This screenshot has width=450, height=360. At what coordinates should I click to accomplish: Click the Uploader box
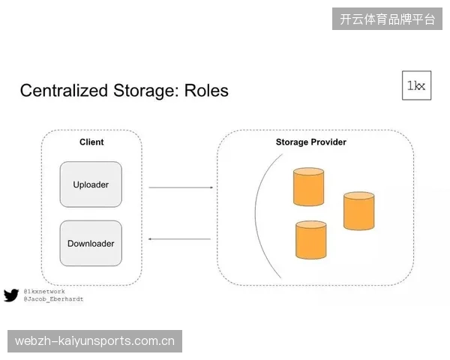pos(91,184)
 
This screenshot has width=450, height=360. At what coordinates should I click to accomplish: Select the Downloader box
pos(91,243)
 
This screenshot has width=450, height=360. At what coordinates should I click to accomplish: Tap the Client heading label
pos(91,142)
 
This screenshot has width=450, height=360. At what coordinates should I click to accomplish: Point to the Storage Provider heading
pos(310,142)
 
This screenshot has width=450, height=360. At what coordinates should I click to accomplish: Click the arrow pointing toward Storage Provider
pos(181,187)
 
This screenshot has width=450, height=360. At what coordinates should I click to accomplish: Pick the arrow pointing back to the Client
pos(179,238)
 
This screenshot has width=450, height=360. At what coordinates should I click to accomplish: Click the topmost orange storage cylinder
pos(308,187)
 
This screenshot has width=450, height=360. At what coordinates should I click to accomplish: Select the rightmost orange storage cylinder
pos(358,211)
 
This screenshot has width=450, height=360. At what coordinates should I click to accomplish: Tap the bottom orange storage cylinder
pos(310,240)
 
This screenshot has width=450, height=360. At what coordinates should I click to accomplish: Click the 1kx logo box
pos(416,85)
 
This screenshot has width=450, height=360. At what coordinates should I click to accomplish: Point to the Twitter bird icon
pos(11,295)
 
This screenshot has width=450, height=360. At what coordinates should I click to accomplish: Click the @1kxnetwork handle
pos(44,292)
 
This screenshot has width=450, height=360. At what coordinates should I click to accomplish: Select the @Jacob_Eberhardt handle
pos(53,298)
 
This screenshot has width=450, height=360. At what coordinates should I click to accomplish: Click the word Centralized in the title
pos(64,90)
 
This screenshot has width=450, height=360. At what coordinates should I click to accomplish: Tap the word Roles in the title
pos(206,90)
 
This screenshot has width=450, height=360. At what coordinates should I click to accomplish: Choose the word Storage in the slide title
pos(146,91)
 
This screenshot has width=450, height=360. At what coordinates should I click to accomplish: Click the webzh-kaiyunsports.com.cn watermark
pos(94,341)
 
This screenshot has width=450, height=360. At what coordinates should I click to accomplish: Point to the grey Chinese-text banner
pos(387,19)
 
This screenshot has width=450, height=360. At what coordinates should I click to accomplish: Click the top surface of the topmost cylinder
pos(308,172)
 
